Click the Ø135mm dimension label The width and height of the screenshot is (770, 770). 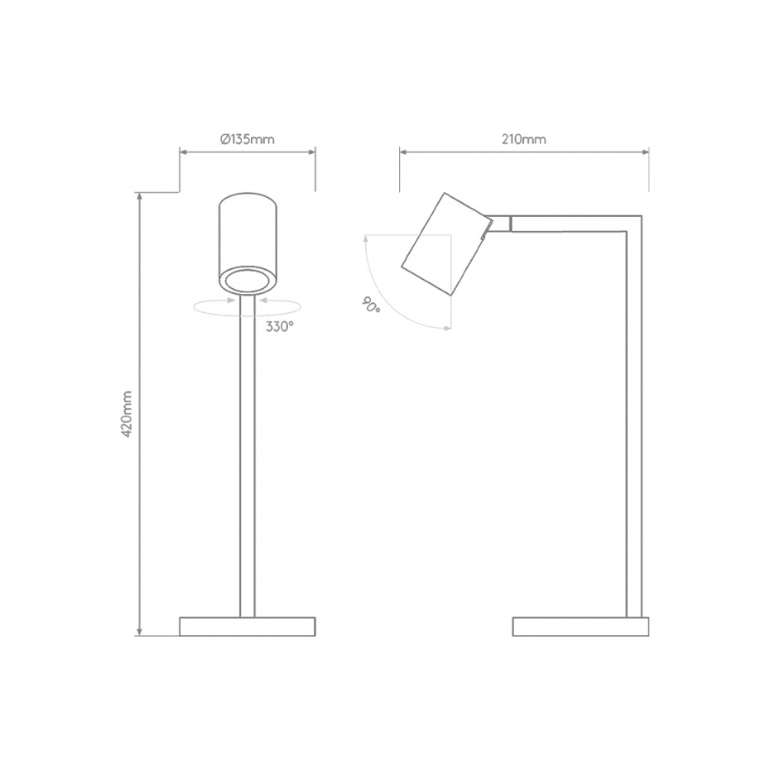click(247, 139)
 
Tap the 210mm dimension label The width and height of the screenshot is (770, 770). click(523, 139)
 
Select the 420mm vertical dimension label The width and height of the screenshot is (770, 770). click(127, 415)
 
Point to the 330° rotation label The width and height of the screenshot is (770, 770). click(280, 326)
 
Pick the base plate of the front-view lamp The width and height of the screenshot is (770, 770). click(247, 626)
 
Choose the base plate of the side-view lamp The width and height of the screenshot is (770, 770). click(580, 626)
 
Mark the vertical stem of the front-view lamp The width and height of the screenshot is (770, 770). click(247, 464)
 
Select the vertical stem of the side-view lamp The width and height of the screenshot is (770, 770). click(633, 431)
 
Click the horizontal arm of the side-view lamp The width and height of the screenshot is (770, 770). click(571, 224)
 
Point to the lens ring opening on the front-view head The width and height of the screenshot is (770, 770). click(247, 280)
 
